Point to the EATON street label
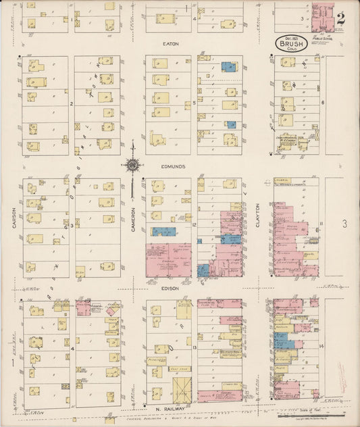pyautogui.click(x=170, y=44)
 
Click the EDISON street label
pyautogui.click(x=170, y=288)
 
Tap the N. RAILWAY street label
pyautogui.click(x=170, y=409)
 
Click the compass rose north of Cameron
pyautogui.click(x=133, y=164)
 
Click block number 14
pyautogui.click(x=322, y=346)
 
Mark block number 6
pyautogui.click(x=323, y=103)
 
